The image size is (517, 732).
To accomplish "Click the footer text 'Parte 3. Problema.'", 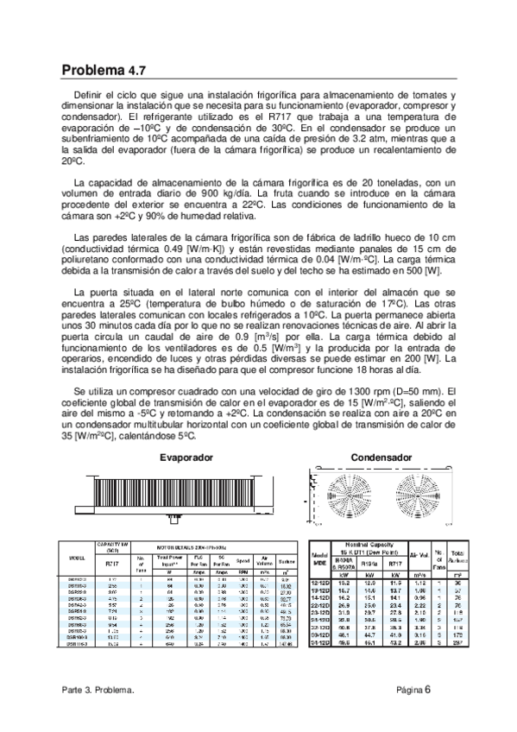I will (x=98, y=690).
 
